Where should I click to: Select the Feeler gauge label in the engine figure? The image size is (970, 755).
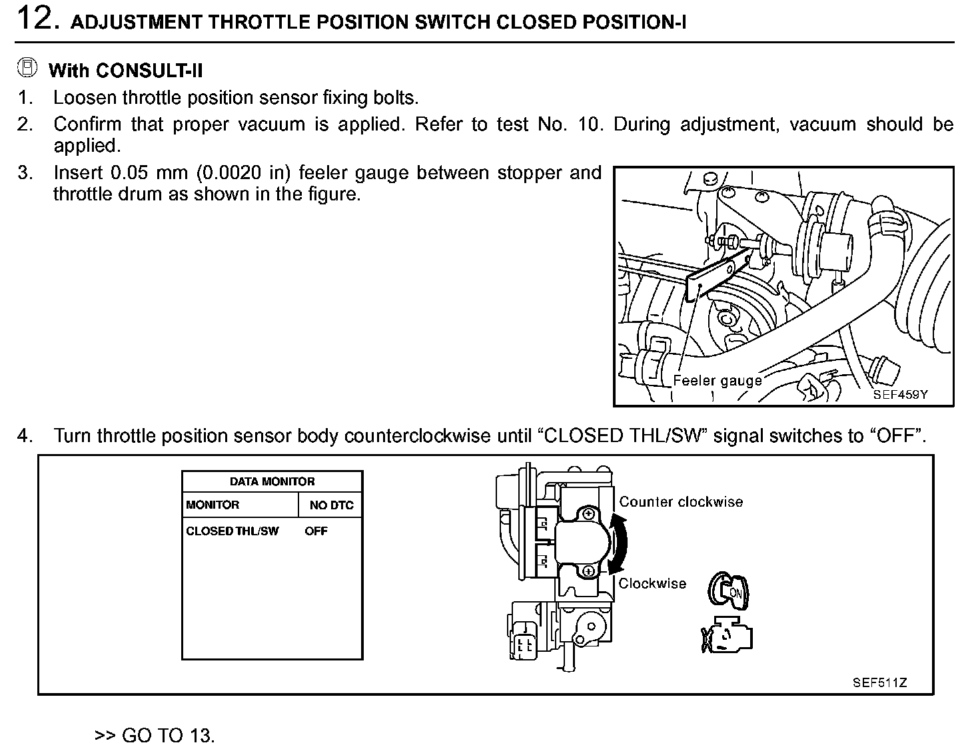tap(717, 381)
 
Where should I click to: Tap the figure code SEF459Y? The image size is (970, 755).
tap(900, 394)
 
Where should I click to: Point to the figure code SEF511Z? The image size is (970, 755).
tap(879, 682)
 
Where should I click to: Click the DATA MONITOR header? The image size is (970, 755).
tap(272, 481)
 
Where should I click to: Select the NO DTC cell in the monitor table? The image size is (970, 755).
tap(331, 505)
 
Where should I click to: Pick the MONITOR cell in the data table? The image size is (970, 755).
tap(213, 505)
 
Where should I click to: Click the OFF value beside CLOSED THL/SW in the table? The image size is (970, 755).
tap(316, 531)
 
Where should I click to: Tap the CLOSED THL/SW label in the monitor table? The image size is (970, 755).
tap(233, 531)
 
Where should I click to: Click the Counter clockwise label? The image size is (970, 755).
tap(681, 502)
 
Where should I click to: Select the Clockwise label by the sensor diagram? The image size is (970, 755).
tap(652, 584)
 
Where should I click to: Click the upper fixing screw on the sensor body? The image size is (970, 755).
tap(588, 514)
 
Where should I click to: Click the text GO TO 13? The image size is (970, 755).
tap(168, 736)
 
